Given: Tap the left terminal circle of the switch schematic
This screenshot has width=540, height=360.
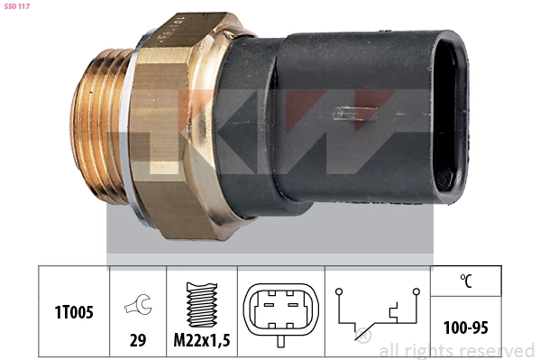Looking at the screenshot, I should click(x=338, y=291).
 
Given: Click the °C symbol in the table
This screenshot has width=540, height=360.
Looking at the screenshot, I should click(x=465, y=281).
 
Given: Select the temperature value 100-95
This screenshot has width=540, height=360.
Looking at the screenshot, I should click(x=465, y=328).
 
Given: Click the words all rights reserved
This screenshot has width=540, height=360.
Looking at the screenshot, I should click(x=456, y=350).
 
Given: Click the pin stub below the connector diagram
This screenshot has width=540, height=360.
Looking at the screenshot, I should click(x=279, y=340).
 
